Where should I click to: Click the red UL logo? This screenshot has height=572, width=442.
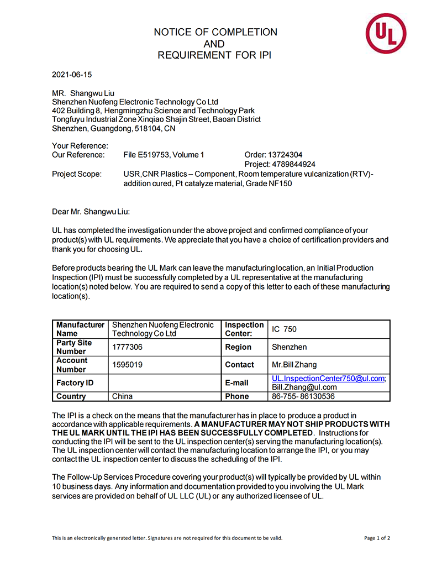point(386,34)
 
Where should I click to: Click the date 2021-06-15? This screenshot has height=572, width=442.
point(72,74)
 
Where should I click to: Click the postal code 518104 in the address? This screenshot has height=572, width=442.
point(149,128)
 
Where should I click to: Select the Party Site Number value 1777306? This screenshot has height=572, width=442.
point(127,347)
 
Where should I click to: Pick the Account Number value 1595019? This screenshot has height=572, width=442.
point(127,365)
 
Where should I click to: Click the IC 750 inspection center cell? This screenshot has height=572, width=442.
point(284,329)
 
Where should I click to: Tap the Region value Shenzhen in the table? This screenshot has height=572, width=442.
point(290,347)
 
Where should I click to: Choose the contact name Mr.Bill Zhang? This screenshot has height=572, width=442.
point(294,365)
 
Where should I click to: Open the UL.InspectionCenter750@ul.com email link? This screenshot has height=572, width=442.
point(328,379)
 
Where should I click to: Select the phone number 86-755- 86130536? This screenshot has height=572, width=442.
point(303,396)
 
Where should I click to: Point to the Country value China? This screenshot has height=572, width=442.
point(122,396)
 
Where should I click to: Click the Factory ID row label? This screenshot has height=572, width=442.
point(75,383)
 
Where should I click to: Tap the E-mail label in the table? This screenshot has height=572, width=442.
point(237,383)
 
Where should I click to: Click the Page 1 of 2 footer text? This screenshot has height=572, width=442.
point(377,538)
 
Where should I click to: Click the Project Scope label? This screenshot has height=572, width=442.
point(77,174)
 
